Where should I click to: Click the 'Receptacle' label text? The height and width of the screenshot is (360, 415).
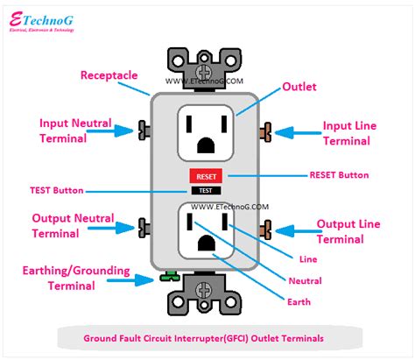109,75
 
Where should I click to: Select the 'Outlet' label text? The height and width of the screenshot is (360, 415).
299,88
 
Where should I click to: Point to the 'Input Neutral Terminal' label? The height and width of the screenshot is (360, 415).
70,131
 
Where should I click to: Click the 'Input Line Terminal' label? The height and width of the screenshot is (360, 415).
350,132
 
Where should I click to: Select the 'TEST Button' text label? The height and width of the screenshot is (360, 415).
56,189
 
